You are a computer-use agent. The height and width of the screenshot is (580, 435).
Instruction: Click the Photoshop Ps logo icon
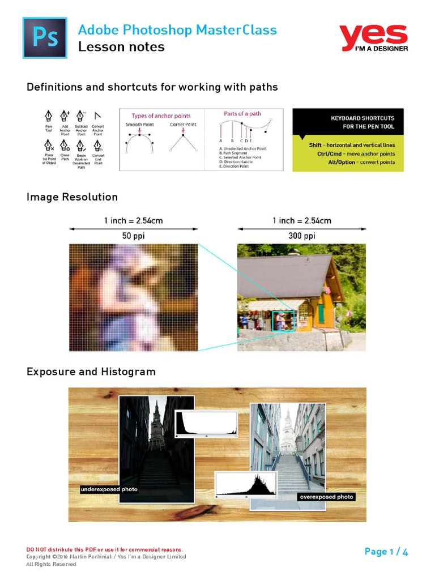point(44,37)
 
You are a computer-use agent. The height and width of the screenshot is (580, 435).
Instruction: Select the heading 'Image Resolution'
point(72,197)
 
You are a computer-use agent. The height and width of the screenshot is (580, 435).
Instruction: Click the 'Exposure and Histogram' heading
point(91,372)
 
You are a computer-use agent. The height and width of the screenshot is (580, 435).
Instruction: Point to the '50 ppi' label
point(133,235)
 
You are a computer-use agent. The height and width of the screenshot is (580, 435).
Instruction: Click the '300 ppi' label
point(301,235)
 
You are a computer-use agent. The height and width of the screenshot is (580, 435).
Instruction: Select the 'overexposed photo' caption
point(326,497)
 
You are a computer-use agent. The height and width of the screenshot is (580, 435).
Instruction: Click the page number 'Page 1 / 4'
point(386,552)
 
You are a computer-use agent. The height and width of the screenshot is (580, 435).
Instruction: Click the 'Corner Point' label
point(183,124)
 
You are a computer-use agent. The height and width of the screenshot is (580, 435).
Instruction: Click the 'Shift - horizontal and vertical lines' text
point(348,144)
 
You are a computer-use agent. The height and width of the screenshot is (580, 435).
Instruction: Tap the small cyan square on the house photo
point(283,321)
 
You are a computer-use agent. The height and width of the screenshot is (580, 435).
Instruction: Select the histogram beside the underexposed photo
point(206,424)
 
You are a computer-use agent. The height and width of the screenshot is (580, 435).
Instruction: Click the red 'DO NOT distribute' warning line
point(105,549)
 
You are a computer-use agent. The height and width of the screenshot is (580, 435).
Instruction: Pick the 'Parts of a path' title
point(242,114)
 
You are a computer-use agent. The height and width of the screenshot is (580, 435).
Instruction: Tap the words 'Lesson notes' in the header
point(121,47)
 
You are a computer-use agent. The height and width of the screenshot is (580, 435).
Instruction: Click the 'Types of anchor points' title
point(161,116)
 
